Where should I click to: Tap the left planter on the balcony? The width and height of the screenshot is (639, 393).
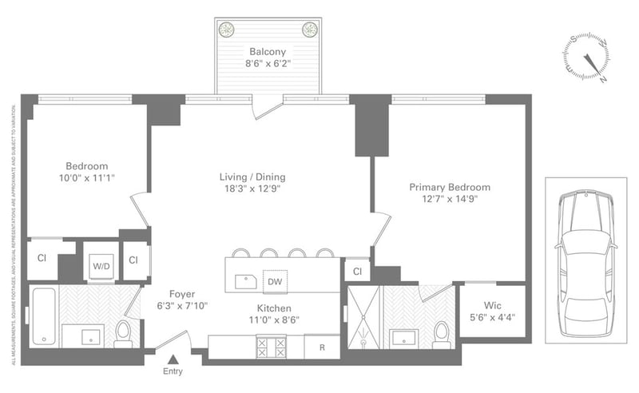227,30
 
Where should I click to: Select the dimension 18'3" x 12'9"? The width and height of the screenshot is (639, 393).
252,189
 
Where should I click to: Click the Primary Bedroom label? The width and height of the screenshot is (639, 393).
450,187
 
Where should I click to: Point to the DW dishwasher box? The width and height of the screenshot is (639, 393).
273,281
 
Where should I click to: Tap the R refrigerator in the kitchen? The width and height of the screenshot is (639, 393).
322,347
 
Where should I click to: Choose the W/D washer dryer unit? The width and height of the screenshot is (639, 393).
101,264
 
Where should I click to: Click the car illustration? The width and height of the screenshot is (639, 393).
586,260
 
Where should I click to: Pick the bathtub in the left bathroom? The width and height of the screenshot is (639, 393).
44,317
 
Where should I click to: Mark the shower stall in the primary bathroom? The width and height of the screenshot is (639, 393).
363,316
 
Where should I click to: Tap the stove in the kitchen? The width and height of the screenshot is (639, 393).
270,347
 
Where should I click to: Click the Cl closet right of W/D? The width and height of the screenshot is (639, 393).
134,260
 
